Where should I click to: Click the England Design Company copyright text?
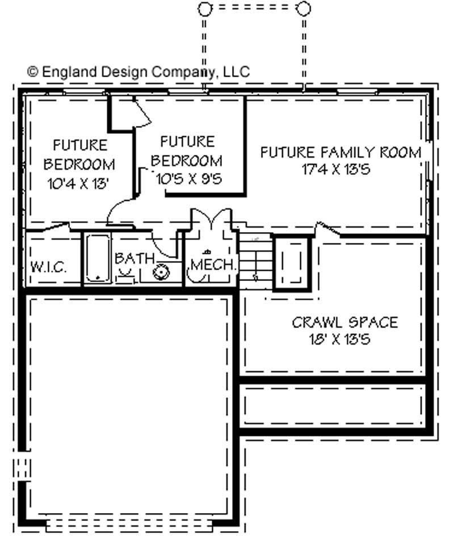(x=138, y=72)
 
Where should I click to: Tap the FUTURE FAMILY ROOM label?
(x=340, y=152)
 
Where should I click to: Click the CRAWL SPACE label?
(x=344, y=322)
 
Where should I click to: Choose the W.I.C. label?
(x=48, y=267)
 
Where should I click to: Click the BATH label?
(x=134, y=258)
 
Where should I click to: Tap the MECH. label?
(x=212, y=264)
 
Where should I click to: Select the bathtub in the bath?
(x=98, y=258)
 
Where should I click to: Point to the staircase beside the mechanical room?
(x=254, y=261)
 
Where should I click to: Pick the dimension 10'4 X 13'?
(x=79, y=183)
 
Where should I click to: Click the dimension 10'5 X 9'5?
(x=188, y=178)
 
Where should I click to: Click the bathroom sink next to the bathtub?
(x=126, y=276)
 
